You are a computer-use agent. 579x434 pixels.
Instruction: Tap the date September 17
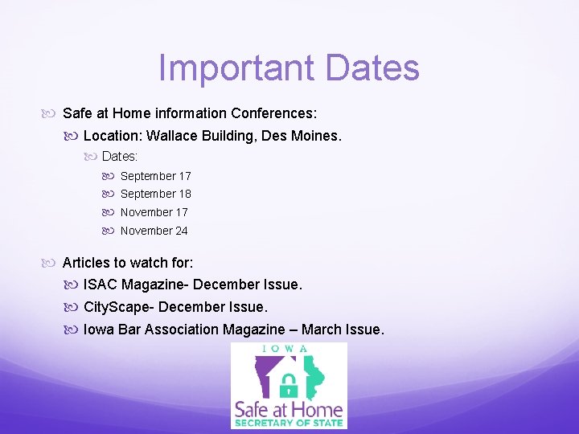pos(155,176)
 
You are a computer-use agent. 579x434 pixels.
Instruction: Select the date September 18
pos(155,194)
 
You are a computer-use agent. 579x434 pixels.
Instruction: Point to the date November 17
pos(154,212)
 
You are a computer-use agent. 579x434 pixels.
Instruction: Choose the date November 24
pos(154,231)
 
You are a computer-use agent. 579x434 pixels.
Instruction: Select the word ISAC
pos(101,285)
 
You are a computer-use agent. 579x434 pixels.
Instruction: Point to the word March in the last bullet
pos(320,330)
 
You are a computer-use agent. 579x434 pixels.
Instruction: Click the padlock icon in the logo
pos(289,383)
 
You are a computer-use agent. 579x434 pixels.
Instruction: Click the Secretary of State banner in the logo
pos(289,423)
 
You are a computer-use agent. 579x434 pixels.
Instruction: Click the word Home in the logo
pos(317,409)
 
